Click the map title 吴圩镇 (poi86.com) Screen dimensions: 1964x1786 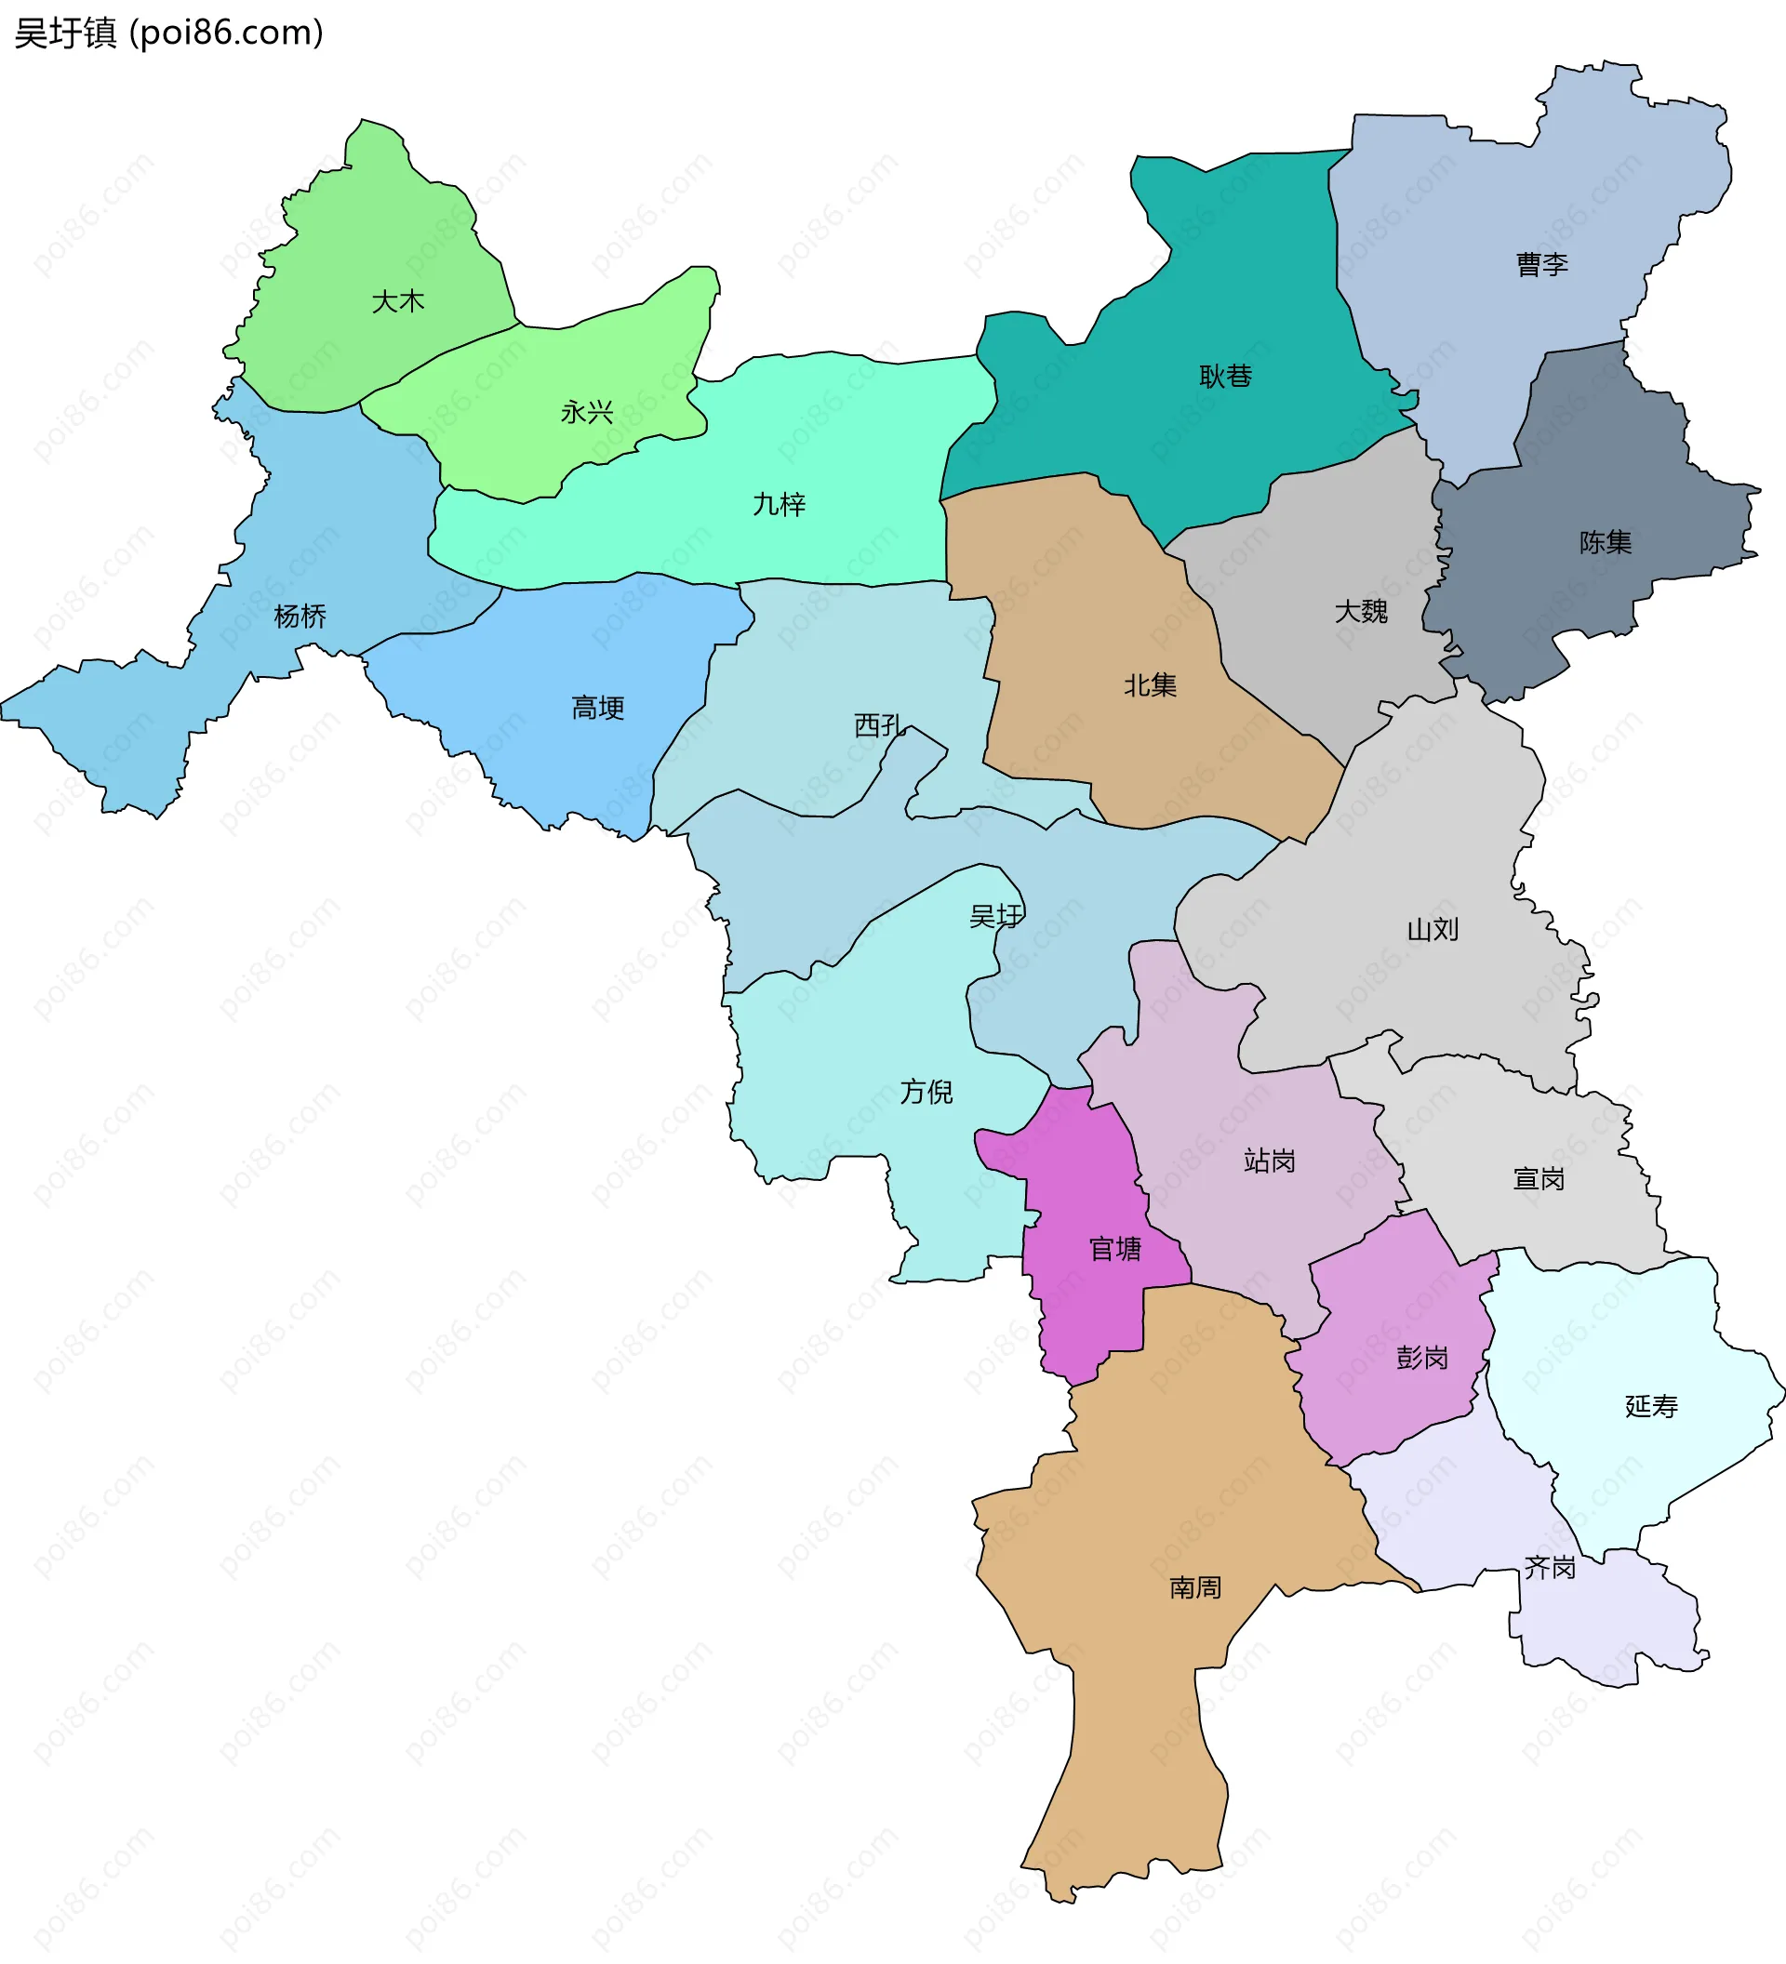click(x=168, y=33)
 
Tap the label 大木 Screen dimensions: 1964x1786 click(x=398, y=302)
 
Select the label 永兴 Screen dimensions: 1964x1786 click(x=587, y=413)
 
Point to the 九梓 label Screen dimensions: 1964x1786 click(x=780, y=505)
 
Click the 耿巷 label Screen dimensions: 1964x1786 click(x=1225, y=376)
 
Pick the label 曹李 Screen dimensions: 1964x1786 click(x=1541, y=265)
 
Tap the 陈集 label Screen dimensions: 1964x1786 click(x=1605, y=543)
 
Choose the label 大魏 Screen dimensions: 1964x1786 click(x=1360, y=612)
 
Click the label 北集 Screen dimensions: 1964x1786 click(x=1150, y=686)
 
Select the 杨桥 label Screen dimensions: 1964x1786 click(x=300, y=617)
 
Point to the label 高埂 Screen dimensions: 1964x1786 click(x=597, y=709)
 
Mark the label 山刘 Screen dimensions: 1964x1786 click(x=1433, y=930)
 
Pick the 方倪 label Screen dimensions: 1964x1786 click(x=926, y=1092)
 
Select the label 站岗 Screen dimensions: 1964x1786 click(x=1270, y=1161)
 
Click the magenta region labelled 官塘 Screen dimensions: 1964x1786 click(x=1114, y=1249)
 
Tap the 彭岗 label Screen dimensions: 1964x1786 click(x=1421, y=1358)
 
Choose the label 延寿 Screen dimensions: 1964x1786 click(x=1651, y=1407)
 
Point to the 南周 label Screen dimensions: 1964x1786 click(x=1195, y=1589)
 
